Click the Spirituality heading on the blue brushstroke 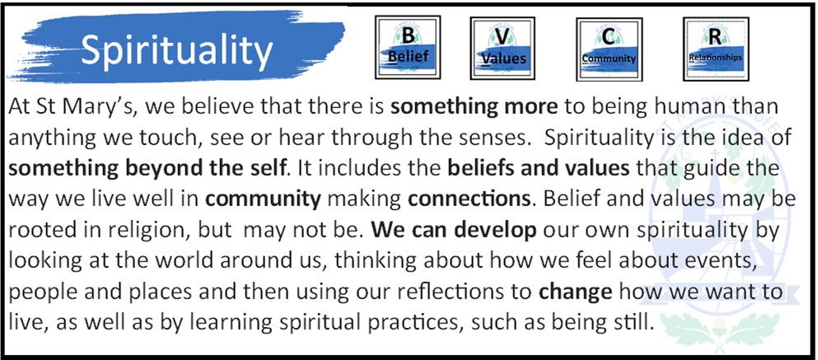pyautogui.click(x=177, y=51)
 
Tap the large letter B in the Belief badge pyautogui.click(x=408, y=36)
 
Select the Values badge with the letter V pyautogui.click(x=502, y=48)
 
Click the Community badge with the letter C pyautogui.click(x=609, y=49)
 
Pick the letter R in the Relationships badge pyautogui.click(x=715, y=37)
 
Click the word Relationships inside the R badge pyautogui.click(x=715, y=58)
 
